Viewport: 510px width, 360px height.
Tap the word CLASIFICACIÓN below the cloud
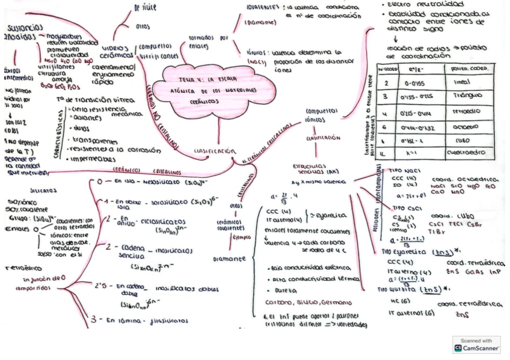[213, 151]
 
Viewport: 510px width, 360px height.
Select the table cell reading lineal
[462, 83]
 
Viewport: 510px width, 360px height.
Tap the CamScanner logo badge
[476, 345]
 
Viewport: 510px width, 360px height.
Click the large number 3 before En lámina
[93, 320]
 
